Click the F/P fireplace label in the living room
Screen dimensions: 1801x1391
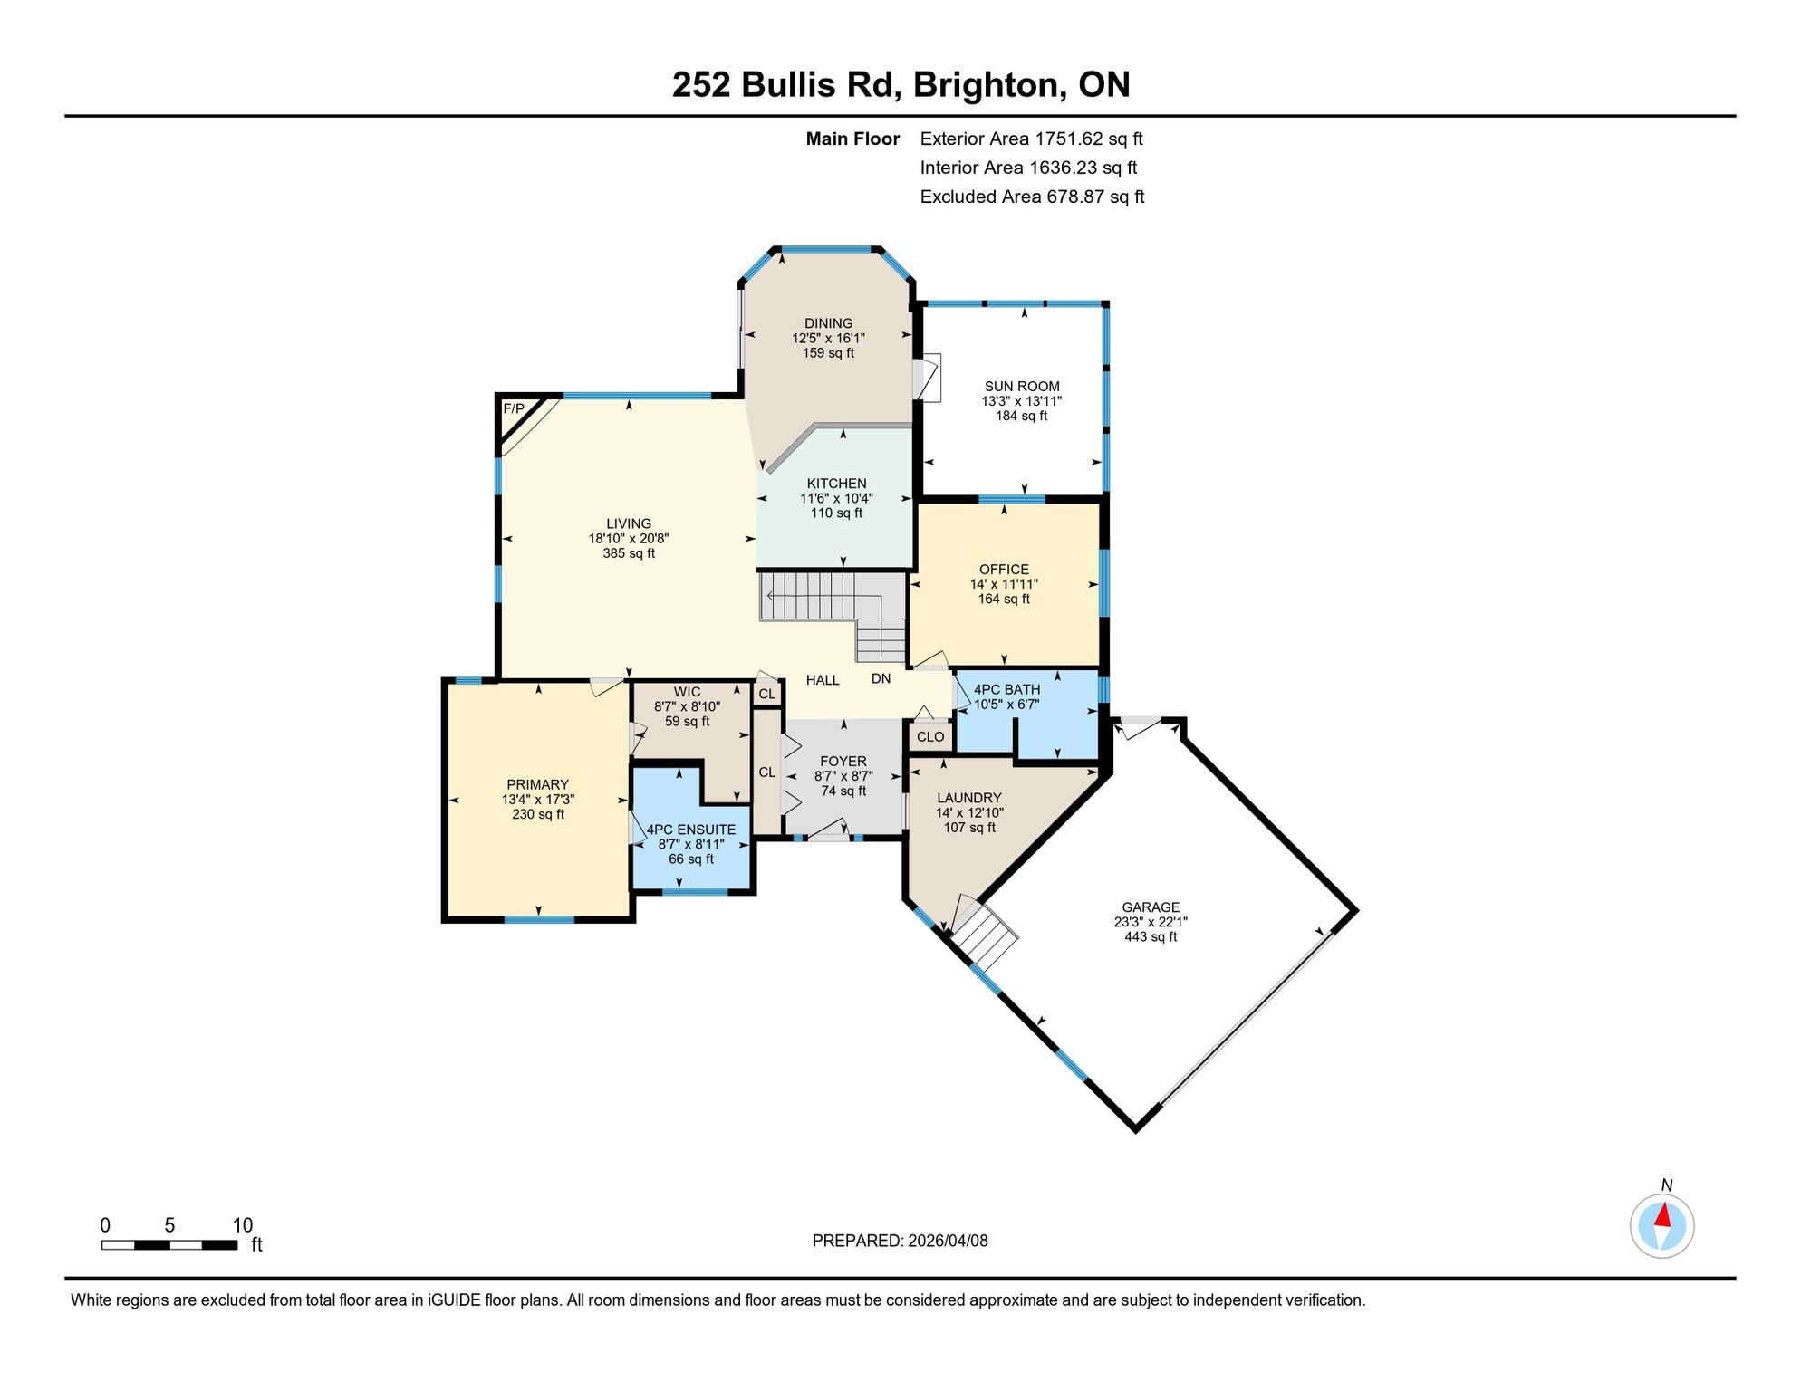point(514,408)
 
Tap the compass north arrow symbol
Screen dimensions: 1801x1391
point(1661,1226)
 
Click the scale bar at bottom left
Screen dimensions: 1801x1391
point(169,1245)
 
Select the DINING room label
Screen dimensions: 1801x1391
point(828,323)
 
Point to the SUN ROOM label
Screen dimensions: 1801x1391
point(1022,387)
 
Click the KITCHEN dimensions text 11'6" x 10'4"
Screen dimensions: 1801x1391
point(836,499)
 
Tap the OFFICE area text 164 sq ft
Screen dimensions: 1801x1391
point(1004,599)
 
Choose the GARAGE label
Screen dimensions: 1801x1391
point(1151,907)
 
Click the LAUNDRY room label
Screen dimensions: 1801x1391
point(969,798)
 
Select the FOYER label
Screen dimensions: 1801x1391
point(843,762)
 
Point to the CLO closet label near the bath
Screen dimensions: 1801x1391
point(930,737)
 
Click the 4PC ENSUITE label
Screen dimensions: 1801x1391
point(691,830)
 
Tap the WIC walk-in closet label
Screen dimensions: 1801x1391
point(687,692)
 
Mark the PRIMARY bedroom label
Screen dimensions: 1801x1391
point(538,785)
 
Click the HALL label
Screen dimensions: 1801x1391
point(823,680)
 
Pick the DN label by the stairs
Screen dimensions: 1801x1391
point(881,678)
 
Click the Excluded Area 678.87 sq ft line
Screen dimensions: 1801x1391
point(1032,197)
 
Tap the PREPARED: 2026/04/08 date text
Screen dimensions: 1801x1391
point(900,1241)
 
